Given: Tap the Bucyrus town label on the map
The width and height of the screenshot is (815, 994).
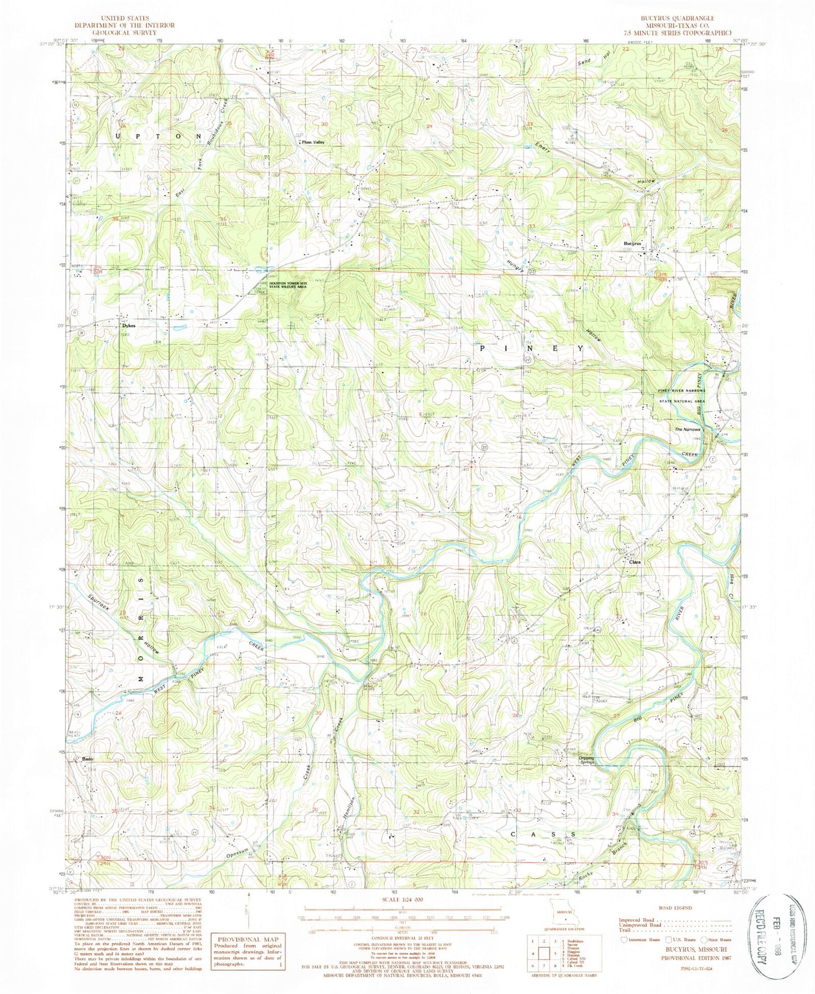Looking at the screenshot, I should pyautogui.click(x=633, y=243).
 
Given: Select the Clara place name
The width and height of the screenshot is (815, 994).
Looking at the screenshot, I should pyautogui.click(x=632, y=562).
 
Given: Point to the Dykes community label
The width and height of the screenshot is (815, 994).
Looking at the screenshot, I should pyautogui.click(x=128, y=326).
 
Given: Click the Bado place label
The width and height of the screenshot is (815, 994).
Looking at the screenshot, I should pyautogui.click(x=87, y=758).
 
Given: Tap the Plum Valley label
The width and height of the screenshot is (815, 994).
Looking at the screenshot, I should pyautogui.click(x=313, y=143).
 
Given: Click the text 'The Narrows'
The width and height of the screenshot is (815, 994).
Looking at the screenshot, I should pyautogui.click(x=688, y=429).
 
